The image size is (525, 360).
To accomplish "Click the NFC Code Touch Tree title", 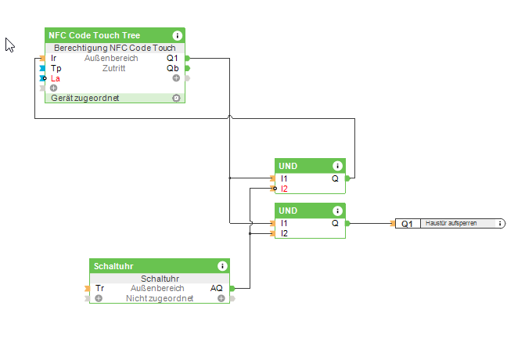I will click(94, 36).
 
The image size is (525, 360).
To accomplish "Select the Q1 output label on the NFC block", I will click(172, 58).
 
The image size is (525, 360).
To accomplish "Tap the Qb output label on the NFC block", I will click(172, 68).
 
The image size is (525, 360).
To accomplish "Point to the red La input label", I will click(56, 78).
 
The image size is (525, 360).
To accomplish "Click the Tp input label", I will click(56, 68).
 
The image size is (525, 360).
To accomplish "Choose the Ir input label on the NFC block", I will click(54, 58).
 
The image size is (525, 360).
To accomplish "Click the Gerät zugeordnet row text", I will click(85, 98).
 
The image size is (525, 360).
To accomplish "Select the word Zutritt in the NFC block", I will click(113, 68).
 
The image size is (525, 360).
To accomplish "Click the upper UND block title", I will click(289, 166).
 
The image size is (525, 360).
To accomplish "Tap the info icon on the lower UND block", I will click(337, 211).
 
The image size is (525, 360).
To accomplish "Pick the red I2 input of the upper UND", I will click(285, 189).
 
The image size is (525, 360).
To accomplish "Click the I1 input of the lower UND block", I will click(284, 223).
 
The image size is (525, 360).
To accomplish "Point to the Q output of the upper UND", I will click(335, 178).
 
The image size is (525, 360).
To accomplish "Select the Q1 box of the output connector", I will click(407, 224).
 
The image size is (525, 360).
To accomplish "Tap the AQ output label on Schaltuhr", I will click(217, 288).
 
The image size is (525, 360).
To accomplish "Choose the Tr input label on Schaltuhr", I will click(99, 288).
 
